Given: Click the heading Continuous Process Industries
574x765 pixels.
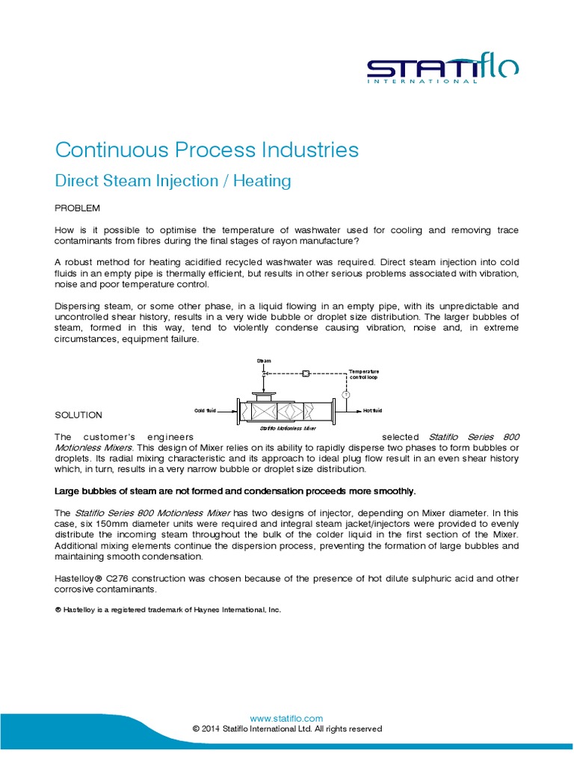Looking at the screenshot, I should (x=207, y=149).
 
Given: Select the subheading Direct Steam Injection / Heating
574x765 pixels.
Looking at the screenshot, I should (x=173, y=181).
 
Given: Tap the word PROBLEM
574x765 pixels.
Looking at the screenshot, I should (x=78, y=207).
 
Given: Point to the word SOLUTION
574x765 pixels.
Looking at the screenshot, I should (x=79, y=415).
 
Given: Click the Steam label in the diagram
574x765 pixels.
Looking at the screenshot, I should (x=264, y=361).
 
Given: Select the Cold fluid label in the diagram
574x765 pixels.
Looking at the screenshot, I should (x=205, y=411).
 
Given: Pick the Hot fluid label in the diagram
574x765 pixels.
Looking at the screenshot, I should (x=372, y=411).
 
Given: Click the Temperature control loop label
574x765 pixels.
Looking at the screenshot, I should (x=365, y=374).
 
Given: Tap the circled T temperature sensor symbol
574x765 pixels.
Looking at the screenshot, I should (x=346, y=393).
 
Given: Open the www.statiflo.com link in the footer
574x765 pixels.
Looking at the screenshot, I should (x=287, y=718).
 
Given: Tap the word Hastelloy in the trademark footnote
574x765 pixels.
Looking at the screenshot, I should (x=83, y=610).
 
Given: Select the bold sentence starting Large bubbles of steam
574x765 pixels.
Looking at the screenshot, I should (x=235, y=491).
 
